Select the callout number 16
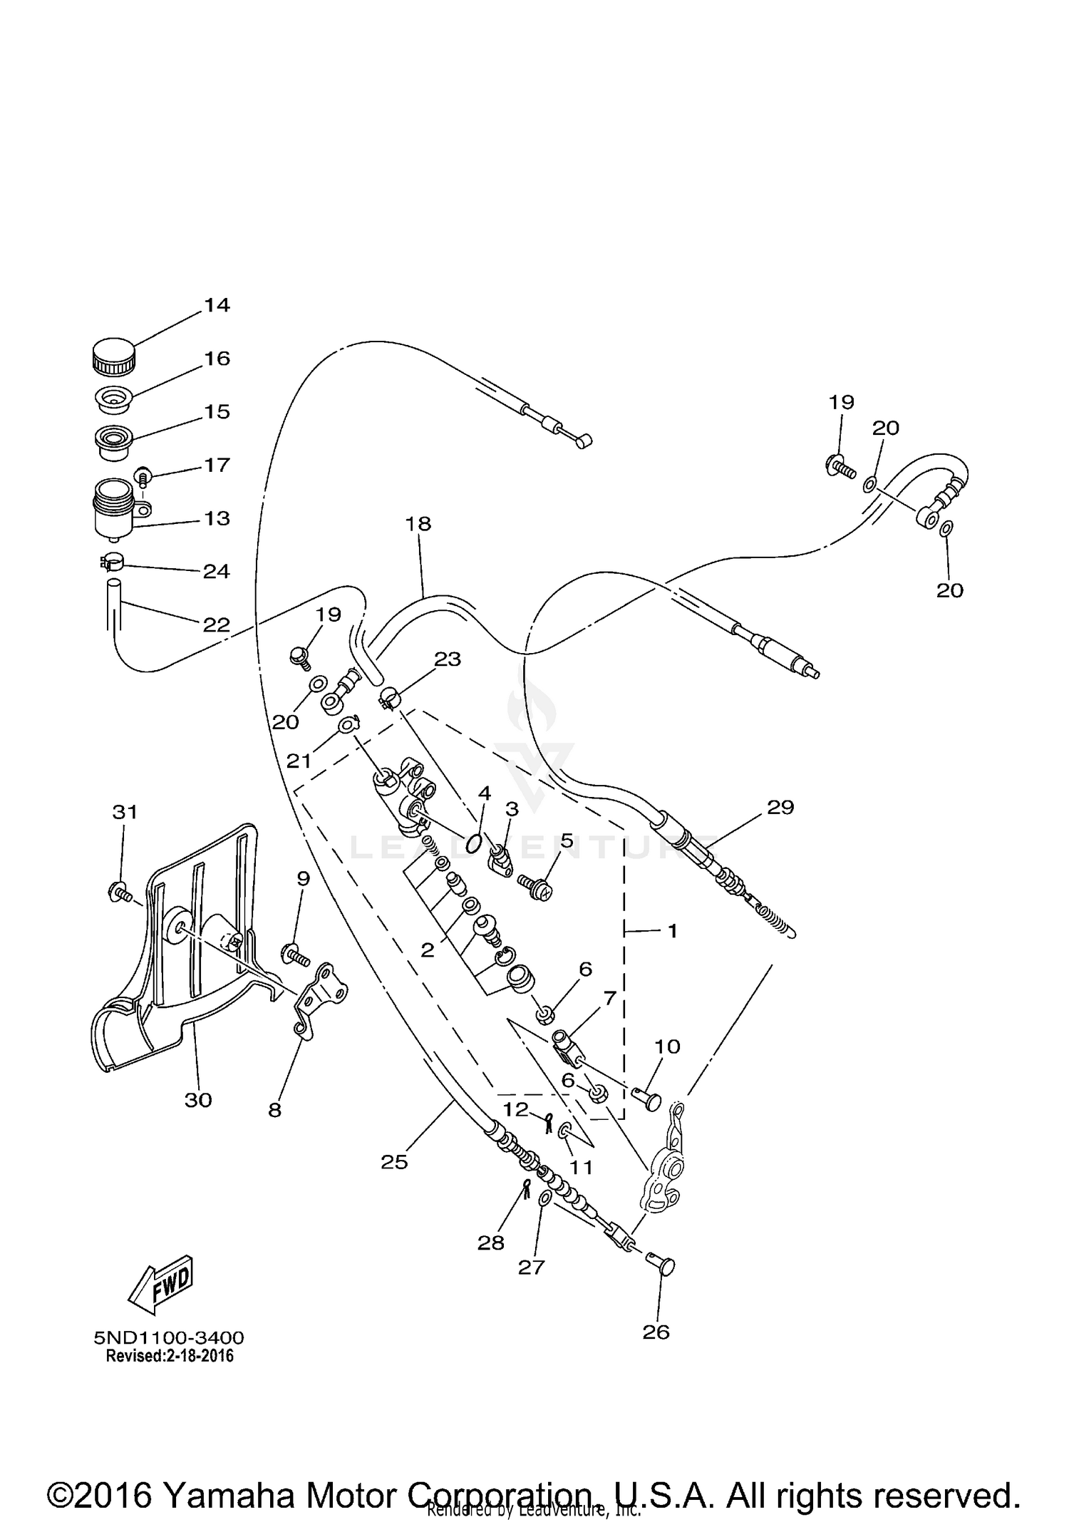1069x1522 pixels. [x=217, y=358]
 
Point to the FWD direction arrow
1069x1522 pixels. [x=160, y=1283]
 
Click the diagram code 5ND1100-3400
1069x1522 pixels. [x=169, y=1337]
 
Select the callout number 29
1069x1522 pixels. [x=780, y=807]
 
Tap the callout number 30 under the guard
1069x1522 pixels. [x=198, y=1100]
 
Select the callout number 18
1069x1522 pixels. [x=418, y=524]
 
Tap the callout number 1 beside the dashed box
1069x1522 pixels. [x=672, y=931]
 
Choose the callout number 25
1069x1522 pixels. [x=394, y=1162]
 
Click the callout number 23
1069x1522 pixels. [x=448, y=659]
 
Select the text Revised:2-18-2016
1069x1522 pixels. [x=170, y=1356]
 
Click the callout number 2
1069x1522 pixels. [x=428, y=950]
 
